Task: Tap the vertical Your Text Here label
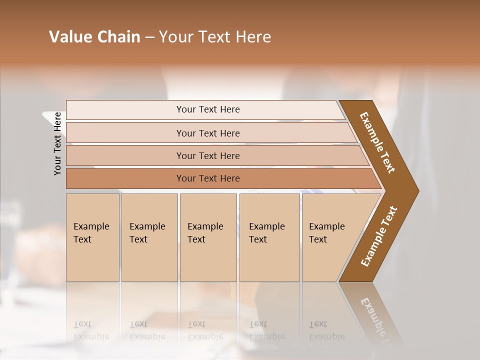[x=57, y=143]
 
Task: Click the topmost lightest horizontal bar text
[x=208, y=109]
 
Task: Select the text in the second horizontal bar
[x=208, y=133]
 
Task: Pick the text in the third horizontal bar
[x=208, y=156]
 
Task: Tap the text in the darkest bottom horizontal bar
[x=208, y=178]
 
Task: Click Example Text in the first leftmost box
[x=91, y=233]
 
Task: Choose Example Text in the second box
[x=147, y=233]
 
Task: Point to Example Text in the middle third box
[x=205, y=233]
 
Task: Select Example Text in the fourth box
[x=266, y=233]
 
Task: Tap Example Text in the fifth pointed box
[x=326, y=233]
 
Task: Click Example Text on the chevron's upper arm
[x=377, y=142]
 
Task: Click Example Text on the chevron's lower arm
[x=379, y=236]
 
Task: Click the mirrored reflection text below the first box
[x=91, y=330]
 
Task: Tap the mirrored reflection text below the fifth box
[x=326, y=330]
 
